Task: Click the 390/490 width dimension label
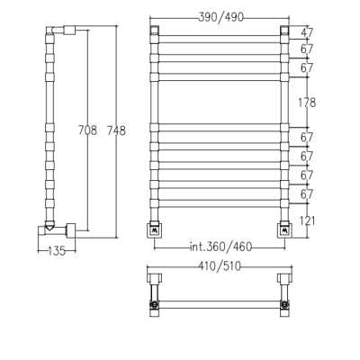[220, 17]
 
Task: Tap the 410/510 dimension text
[220, 265]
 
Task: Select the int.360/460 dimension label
[220, 247]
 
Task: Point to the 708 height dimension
[87, 130]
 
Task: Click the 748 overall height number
[116, 130]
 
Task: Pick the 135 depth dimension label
[57, 251]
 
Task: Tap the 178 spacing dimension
[307, 103]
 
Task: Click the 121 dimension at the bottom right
[307, 221]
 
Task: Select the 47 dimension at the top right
[307, 32]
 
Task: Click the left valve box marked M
[155, 230]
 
